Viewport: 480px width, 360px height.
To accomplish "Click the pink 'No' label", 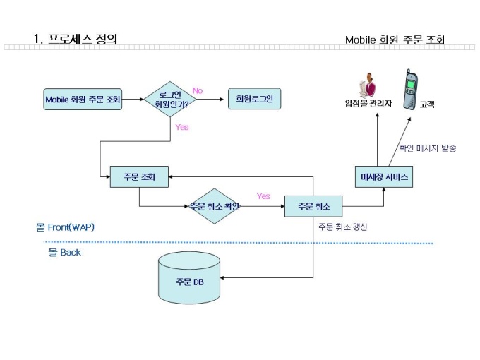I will coord(198,90).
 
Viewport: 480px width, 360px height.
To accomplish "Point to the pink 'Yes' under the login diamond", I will coord(182,127).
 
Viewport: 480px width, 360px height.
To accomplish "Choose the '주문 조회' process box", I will coord(139,176).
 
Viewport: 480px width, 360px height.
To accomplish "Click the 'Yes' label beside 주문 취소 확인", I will coord(263,196).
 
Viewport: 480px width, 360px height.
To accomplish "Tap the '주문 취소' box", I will coord(313,206).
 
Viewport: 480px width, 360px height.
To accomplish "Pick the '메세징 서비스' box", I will coord(383,176).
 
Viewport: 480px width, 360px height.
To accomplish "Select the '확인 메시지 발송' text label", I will coord(428,148).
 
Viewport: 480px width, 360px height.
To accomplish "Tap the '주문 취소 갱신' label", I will coord(342,227).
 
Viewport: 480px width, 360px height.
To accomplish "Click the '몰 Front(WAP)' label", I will coord(65,227).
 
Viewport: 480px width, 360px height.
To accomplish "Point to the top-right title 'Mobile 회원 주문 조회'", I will coord(395,40).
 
